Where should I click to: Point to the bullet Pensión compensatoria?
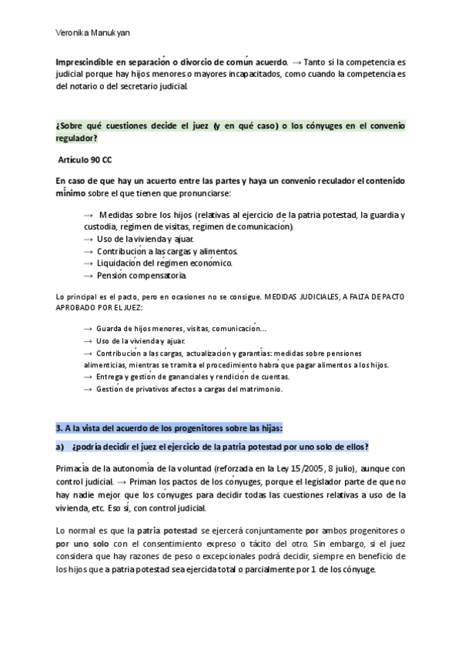click(x=141, y=276)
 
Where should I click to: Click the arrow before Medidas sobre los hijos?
click(x=89, y=215)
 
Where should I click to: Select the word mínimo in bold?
click(x=72, y=193)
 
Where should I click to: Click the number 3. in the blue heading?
click(x=59, y=428)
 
